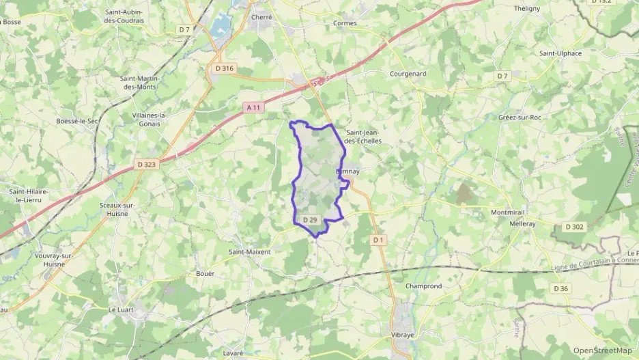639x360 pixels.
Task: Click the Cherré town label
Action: click(x=261, y=17)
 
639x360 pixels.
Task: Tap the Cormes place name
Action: click(x=345, y=23)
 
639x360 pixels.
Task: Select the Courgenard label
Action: click(x=408, y=74)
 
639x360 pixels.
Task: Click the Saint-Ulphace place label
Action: click(x=560, y=53)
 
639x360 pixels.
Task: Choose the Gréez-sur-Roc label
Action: click(x=520, y=117)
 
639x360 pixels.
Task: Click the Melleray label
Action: click(x=522, y=223)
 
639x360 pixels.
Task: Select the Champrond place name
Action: click(x=423, y=286)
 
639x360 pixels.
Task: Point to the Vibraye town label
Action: click(x=405, y=335)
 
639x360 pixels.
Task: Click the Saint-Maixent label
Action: click(x=249, y=251)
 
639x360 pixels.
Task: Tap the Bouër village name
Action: click(x=205, y=273)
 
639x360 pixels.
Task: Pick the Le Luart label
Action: click(x=123, y=309)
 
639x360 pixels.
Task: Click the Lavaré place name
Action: click(x=233, y=352)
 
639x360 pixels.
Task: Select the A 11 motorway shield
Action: click(x=253, y=107)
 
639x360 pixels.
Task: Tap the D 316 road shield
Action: click(x=224, y=68)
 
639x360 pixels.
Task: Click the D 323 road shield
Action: click(x=147, y=164)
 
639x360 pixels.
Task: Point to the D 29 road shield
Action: click(x=310, y=220)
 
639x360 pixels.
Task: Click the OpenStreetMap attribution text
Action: click(x=601, y=350)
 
